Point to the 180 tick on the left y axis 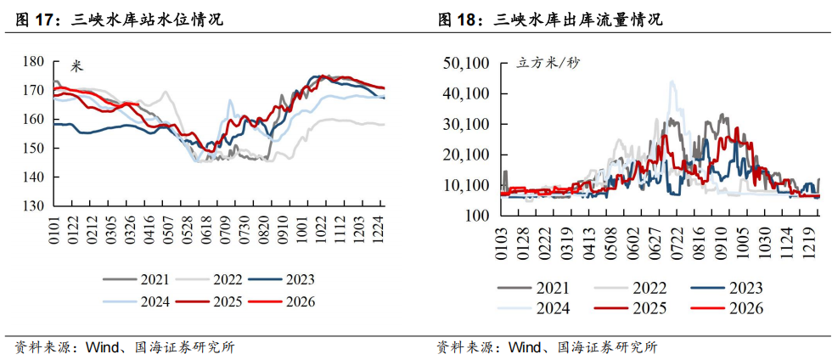tap(33, 61)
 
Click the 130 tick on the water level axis tap(33, 206)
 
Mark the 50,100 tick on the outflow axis tap(467, 63)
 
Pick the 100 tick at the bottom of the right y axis tap(475, 216)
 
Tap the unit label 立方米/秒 tap(549, 63)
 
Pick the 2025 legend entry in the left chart tap(226, 301)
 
